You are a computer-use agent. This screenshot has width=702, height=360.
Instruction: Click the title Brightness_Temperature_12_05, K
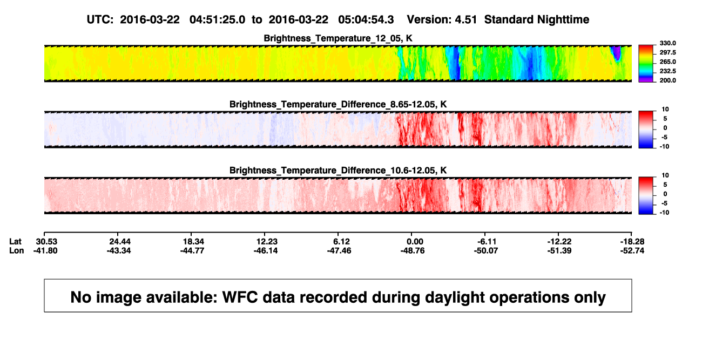[338, 38]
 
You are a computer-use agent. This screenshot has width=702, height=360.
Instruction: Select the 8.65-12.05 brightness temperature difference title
[338, 104]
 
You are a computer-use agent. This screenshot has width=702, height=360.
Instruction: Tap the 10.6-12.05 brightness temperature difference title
[338, 171]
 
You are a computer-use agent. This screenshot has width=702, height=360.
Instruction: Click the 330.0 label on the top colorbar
[667, 43]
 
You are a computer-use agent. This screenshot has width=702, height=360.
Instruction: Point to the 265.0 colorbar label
[667, 62]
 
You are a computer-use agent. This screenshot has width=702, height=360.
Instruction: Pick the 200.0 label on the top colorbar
[667, 80]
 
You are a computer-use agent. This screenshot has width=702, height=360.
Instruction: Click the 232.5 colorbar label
[667, 71]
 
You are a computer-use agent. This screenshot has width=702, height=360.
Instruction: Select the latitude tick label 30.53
[46, 242]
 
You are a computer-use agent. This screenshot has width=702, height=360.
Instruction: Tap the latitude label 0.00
[415, 242]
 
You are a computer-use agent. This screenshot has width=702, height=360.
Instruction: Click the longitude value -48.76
[413, 250]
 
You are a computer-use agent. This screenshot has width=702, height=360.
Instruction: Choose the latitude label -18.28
[632, 242]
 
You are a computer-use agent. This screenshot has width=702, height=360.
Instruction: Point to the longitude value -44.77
[192, 250]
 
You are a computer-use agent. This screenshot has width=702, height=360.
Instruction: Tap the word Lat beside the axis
[15, 242]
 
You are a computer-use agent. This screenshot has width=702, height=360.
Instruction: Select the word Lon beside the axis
[17, 250]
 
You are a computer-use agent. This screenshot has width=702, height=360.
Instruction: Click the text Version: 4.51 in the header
[442, 19]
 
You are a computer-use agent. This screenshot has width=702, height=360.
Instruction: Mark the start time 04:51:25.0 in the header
[217, 19]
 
